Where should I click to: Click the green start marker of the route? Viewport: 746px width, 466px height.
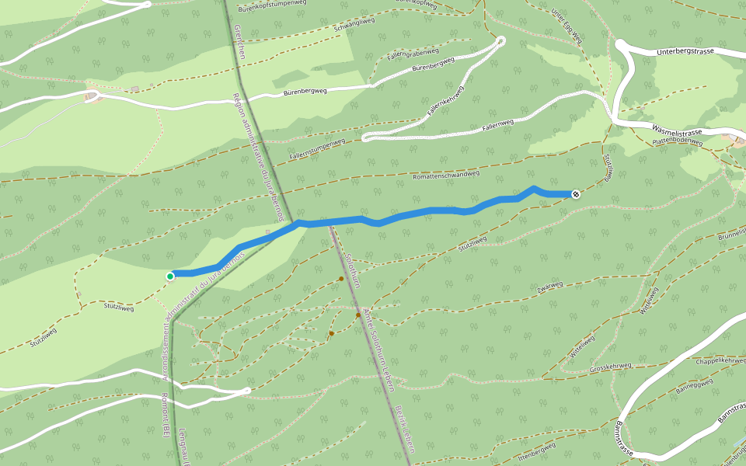(170, 276)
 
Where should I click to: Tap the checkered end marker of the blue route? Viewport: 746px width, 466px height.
(576, 194)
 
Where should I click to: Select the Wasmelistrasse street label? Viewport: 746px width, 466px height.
(678, 131)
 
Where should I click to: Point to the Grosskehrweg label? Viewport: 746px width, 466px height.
(610, 366)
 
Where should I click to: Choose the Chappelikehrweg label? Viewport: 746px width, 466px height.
(722, 360)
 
